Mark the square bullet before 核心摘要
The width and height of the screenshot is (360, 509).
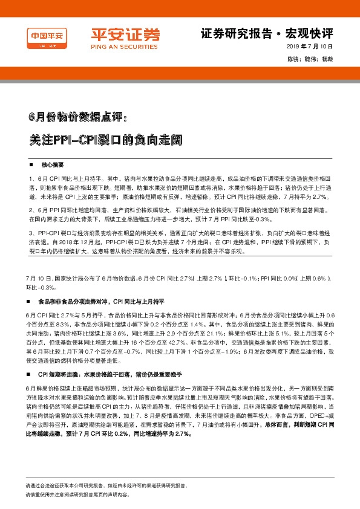(x=31, y=165)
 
